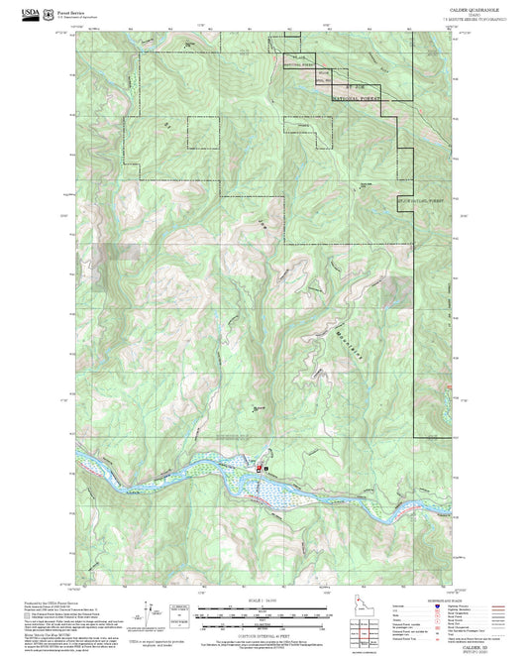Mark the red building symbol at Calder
(261, 466)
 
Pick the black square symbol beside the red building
(266, 466)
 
